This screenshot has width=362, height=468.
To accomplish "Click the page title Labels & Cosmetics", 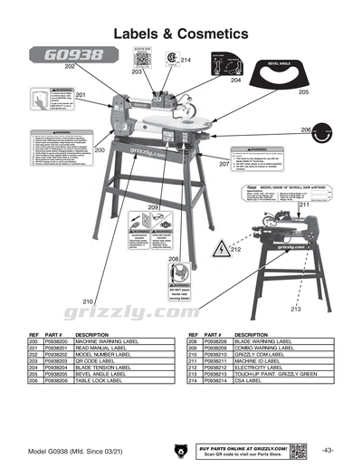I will (180, 33).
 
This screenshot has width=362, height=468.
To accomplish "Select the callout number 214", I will (186, 60).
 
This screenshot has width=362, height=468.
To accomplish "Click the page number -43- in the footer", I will (326, 450).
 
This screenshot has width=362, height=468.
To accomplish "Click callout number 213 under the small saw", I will (295, 310).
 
